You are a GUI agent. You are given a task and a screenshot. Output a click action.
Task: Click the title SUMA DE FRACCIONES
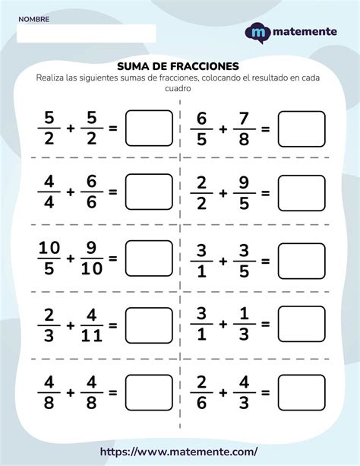click(179, 65)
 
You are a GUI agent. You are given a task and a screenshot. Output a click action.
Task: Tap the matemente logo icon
click(258, 33)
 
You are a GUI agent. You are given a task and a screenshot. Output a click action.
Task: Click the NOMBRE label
click(34, 19)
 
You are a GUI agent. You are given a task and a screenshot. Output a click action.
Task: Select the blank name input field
click(85, 33)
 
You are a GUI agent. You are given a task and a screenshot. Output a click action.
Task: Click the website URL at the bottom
click(180, 451)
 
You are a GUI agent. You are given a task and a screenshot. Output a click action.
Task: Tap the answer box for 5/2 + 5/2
click(148, 128)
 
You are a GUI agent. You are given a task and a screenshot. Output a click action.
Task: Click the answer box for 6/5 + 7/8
click(302, 128)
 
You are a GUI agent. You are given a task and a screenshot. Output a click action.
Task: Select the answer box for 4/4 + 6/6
click(148, 192)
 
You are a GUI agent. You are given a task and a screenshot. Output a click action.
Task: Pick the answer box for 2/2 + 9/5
click(302, 192)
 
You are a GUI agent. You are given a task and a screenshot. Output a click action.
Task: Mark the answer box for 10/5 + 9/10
click(148, 258)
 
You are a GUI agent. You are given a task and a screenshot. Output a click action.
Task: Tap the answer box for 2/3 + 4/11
click(148, 324)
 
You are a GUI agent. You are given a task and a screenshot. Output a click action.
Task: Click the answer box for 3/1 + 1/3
click(302, 324)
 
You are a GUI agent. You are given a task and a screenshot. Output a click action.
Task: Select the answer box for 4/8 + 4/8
click(148, 392)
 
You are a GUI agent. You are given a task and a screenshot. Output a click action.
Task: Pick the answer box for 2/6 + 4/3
click(302, 392)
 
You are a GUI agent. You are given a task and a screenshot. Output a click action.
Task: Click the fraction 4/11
click(91, 325)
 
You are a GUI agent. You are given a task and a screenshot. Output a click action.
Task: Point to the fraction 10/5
click(49, 258)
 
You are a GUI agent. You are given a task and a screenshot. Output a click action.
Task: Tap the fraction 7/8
click(245, 128)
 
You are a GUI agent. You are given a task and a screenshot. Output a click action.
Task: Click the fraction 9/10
click(91, 258)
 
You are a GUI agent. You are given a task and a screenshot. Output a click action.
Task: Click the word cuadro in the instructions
click(179, 88)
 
